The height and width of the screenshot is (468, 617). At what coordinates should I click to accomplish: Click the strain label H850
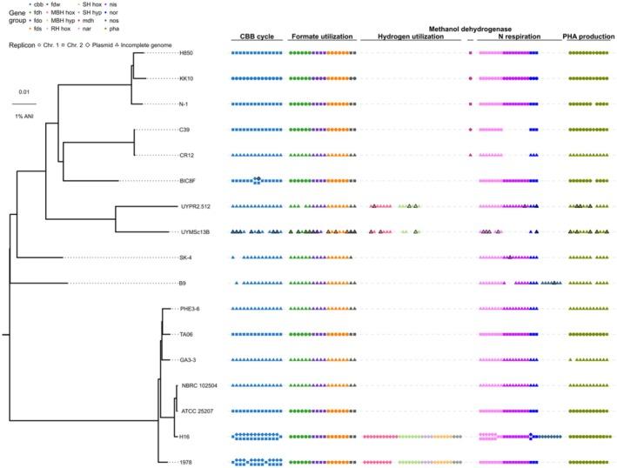tap(185, 53)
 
